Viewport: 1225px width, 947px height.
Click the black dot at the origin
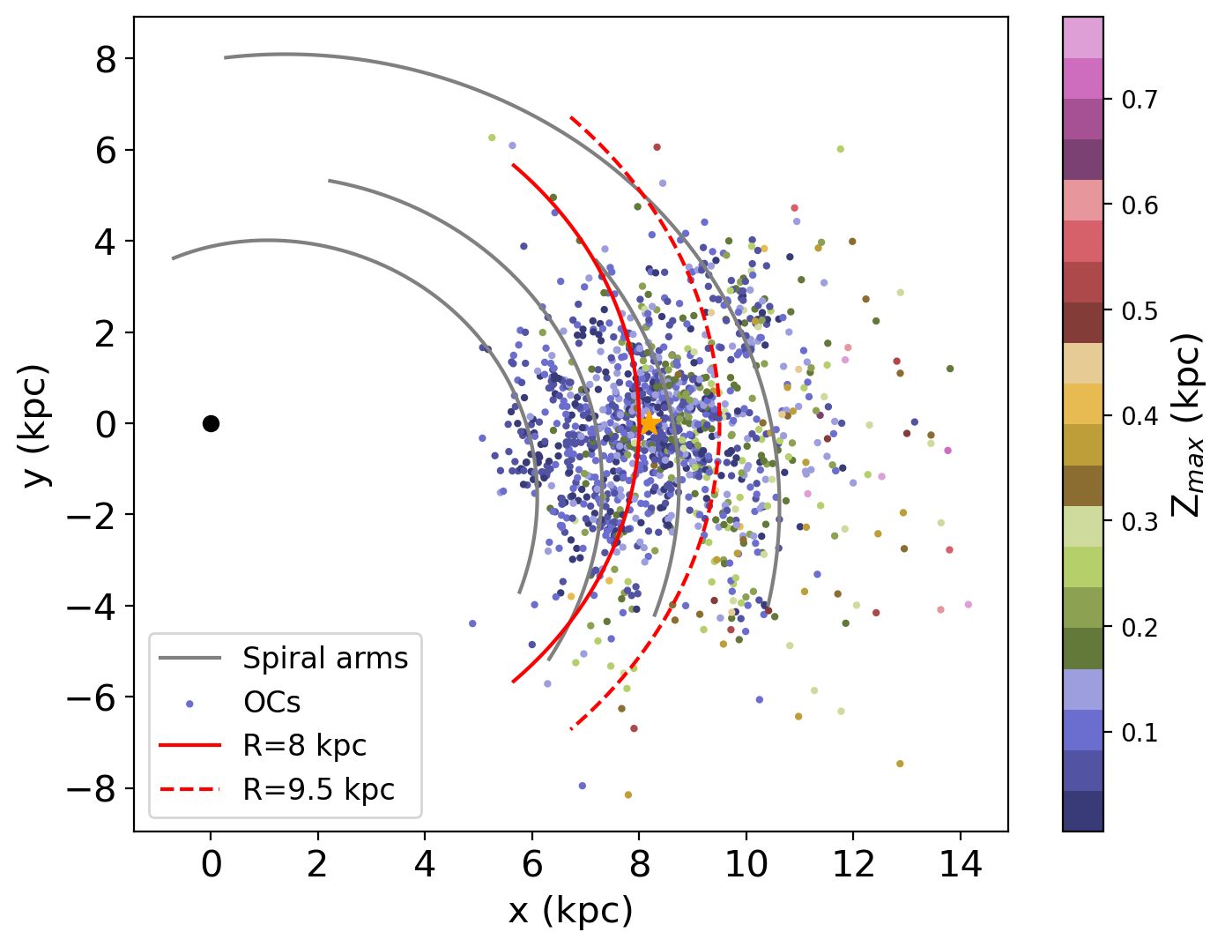click(211, 423)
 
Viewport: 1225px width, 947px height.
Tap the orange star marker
click(649, 423)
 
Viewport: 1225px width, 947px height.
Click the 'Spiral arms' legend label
click(325, 659)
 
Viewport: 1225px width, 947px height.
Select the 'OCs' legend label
click(271, 703)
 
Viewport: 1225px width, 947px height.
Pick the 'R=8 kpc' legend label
click(304, 746)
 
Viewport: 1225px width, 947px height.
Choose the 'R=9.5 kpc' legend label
click(318, 789)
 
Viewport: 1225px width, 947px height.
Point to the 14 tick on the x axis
click(961, 865)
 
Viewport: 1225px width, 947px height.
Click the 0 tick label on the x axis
click(211, 865)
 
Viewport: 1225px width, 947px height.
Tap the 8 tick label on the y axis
click(106, 59)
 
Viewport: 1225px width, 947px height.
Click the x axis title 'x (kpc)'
click(570, 911)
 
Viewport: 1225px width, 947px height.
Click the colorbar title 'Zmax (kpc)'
click(1187, 424)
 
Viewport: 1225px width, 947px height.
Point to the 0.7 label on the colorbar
click(1139, 100)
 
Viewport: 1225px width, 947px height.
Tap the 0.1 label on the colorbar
click(1139, 733)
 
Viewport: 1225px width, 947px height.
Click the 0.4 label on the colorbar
click(1139, 416)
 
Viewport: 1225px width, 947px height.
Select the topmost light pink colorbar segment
click(1082, 38)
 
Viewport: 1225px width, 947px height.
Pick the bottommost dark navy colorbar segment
click(1082, 810)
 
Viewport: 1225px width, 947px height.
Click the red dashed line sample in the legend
click(189, 789)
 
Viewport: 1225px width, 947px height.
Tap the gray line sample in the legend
click(189, 659)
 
